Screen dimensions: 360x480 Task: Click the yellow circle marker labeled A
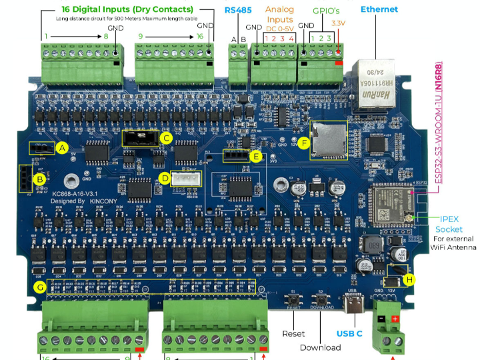point(63,148)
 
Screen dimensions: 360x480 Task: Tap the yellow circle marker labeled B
point(39,179)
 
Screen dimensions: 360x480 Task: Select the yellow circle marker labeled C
point(166,138)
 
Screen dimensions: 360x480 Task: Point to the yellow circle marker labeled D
point(165,178)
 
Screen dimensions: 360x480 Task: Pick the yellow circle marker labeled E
point(256,156)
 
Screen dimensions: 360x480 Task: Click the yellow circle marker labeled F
point(305,143)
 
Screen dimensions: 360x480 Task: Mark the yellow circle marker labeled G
point(40,287)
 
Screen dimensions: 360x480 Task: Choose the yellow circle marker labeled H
point(409,279)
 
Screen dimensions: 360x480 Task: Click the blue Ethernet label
point(379,9)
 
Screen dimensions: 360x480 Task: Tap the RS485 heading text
point(237,10)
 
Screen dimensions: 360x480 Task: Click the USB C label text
point(349,333)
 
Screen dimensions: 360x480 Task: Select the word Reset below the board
point(293,333)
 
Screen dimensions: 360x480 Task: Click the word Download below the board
point(320,347)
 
